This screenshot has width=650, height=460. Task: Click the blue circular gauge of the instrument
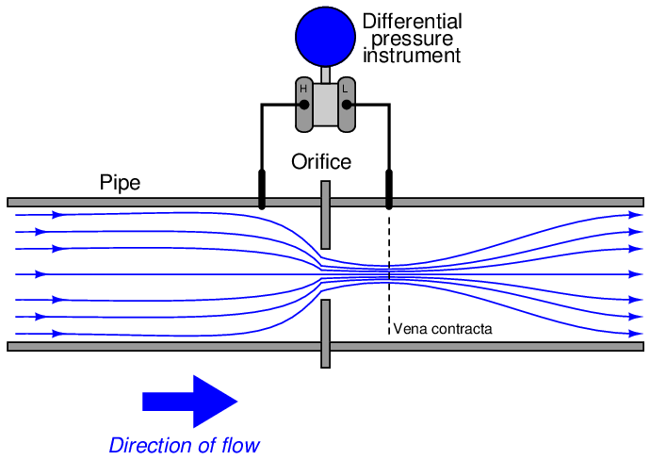(x=325, y=37)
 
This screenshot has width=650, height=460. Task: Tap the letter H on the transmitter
(x=303, y=89)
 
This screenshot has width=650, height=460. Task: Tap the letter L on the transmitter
(x=346, y=89)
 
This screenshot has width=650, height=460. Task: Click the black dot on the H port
(x=304, y=105)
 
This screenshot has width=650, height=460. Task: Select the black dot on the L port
(x=347, y=105)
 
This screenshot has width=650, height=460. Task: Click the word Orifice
(x=321, y=162)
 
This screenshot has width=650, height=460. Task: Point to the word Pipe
(x=121, y=183)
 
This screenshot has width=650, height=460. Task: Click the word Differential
(x=413, y=22)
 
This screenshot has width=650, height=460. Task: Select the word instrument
(x=412, y=56)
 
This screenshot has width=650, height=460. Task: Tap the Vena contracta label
(x=443, y=329)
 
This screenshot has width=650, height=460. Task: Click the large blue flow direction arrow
(x=190, y=402)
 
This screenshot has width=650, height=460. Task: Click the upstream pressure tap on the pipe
(x=262, y=189)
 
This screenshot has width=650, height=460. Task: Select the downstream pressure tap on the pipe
(x=389, y=189)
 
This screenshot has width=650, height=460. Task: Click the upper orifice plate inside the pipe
(x=326, y=215)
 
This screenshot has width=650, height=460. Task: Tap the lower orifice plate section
(x=326, y=334)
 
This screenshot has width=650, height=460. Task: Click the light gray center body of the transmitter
(x=325, y=105)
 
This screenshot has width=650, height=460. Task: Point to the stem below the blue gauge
(x=325, y=75)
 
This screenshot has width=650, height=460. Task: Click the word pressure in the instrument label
(x=413, y=39)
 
